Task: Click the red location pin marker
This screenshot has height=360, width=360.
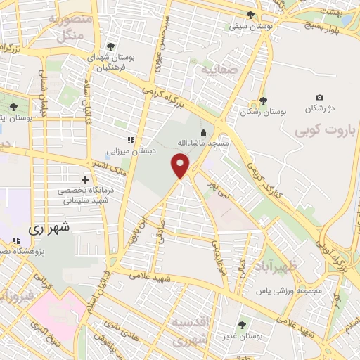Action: (181, 167)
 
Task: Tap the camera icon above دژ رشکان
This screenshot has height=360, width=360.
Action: (320, 97)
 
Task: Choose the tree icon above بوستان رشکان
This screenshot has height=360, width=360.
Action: (263, 101)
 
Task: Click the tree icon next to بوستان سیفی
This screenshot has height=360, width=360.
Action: (251, 15)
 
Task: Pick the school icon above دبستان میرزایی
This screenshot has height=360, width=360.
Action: (130, 139)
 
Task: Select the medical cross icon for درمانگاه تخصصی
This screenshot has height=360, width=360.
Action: (86, 179)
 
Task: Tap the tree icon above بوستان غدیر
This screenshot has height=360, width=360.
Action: (243, 325)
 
